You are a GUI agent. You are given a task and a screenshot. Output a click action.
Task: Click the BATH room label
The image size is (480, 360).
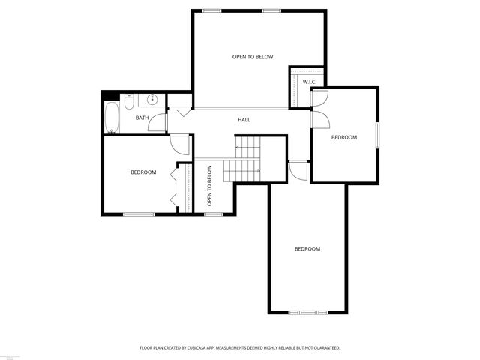click(142, 118)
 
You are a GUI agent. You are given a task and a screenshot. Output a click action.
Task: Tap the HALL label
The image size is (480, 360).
click(244, 120)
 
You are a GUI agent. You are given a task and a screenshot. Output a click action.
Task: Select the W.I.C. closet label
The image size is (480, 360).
click(309, 81)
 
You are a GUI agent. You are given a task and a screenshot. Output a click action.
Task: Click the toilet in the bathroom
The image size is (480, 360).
click(129, 99)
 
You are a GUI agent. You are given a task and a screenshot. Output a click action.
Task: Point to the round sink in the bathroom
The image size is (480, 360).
click(152, 99)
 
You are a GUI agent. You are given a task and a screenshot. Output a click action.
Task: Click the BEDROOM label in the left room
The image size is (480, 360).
click(143, 172)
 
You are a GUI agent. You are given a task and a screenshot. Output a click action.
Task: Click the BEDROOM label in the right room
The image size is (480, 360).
click(344, 137)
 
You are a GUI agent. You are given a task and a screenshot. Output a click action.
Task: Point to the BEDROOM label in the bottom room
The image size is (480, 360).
click(307, 248)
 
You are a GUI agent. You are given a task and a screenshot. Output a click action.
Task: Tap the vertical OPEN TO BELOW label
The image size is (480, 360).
click(210, 186)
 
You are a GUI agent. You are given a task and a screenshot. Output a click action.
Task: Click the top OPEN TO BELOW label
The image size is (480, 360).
click(253, 57)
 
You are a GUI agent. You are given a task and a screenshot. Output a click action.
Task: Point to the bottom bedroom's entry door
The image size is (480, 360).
click(298, 170)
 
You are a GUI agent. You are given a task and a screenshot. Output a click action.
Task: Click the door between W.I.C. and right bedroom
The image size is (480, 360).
click(318, 97)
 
